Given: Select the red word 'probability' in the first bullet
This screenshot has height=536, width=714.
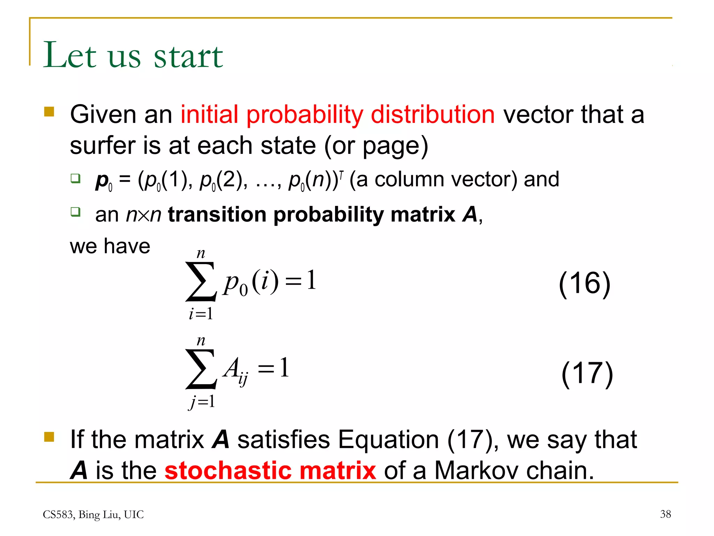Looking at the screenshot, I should [305, 115].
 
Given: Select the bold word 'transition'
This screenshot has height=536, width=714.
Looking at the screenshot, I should [217, 214].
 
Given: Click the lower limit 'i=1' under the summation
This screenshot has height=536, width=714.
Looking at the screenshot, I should [201, 314].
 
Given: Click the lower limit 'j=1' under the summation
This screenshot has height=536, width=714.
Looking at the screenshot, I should [202, 402].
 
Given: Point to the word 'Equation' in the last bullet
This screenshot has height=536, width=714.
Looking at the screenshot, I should [388, 440].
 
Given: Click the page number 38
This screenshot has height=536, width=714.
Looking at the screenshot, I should [665, 514].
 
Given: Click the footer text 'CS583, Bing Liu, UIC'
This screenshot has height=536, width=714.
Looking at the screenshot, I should [93, 515].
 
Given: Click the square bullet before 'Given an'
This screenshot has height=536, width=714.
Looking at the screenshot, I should [49, 112].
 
